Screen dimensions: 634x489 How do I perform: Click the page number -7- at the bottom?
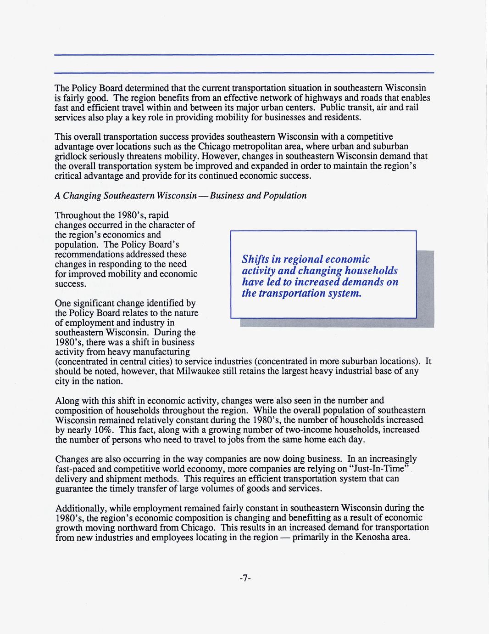[244, 578]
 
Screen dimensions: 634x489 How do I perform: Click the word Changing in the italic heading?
[82, 196]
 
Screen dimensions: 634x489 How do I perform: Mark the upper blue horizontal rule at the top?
[244, 55]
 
